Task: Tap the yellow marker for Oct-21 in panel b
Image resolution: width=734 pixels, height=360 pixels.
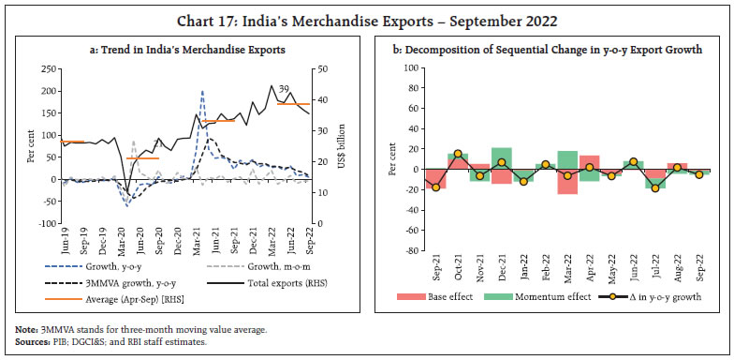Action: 458,154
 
